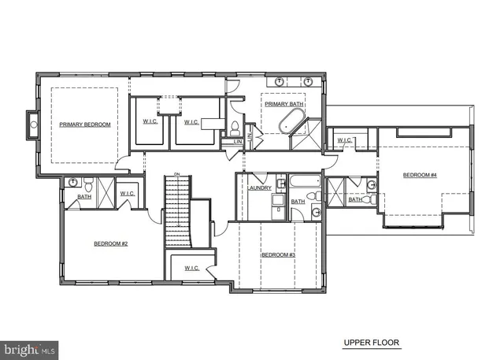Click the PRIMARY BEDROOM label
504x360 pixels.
coord(85,124)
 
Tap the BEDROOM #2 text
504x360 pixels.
coord(110,243)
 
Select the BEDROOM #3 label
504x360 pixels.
coord(278,254)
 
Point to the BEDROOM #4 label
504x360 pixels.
coord(420,175)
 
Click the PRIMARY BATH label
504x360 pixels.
coord(283,103)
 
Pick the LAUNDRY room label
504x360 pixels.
coord(260,187)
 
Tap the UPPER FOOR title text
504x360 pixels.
coord(371,343)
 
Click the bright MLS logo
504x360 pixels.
coord(30,347)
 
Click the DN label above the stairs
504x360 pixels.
coord(177,173)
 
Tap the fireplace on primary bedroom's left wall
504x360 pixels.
coord(33,124)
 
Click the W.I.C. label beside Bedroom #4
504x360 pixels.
coord(345,140)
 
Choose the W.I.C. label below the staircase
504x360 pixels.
coord(192,268)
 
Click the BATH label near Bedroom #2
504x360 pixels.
coord(84,196)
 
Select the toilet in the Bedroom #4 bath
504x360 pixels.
coord(370,186)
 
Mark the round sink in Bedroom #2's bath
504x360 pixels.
coord(73,182)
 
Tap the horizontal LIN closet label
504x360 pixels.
coord(237,141)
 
